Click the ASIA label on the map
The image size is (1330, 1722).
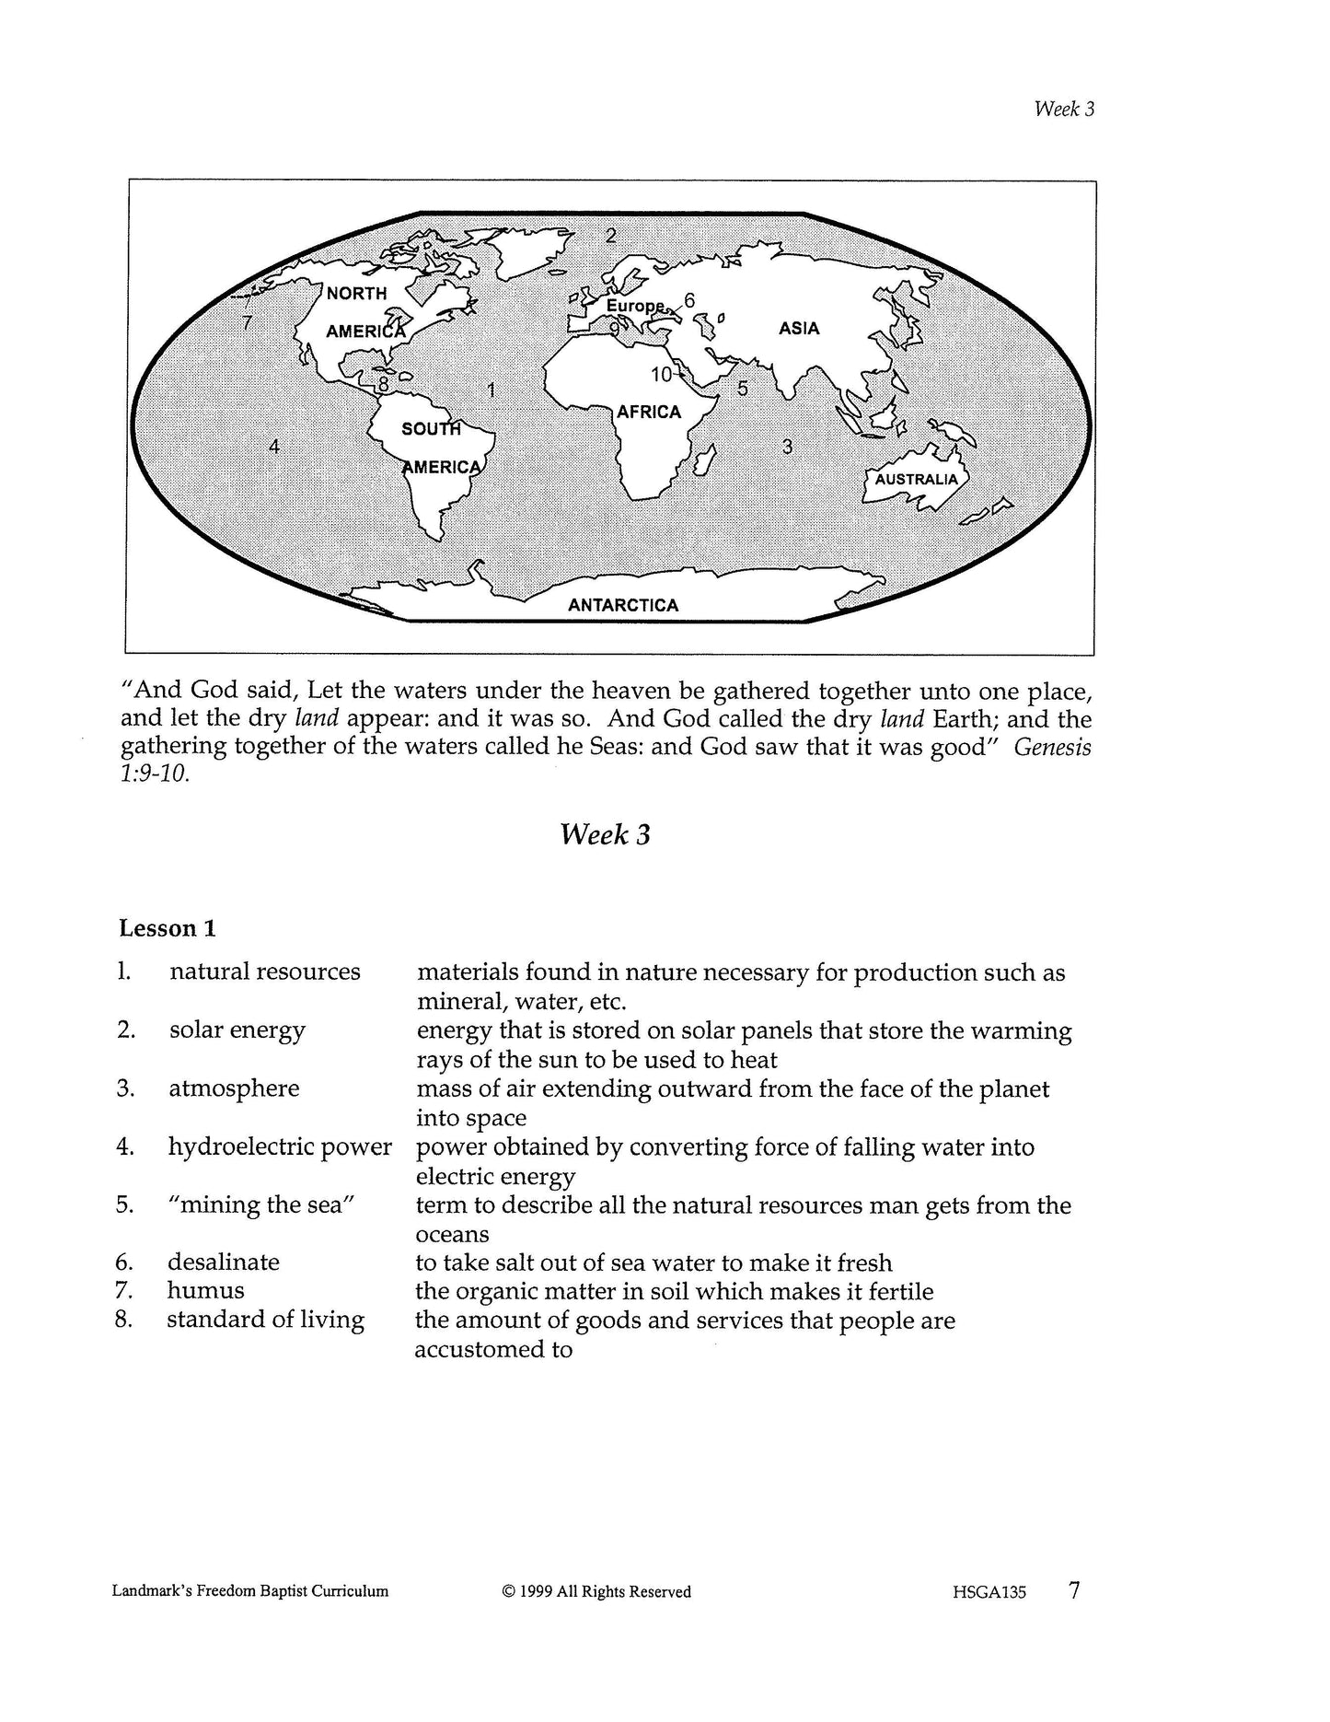pyautogui.click(x=798, y=329)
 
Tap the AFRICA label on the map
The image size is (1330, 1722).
pyautogui.click(x=649, y=413)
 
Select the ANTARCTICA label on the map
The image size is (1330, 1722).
pyautogui.click(x=623, y=605)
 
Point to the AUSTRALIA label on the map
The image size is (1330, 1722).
pyautogui.click(x=916, y=480)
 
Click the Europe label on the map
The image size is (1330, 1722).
pyautogui.click(x=634, y=305)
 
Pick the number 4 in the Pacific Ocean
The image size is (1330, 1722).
pyautogui.click(x=274, y=447)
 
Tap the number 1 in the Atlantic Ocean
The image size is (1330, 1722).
pyautogui.click(x=491, y=390)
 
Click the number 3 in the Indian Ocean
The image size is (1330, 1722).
pyautogui.click(x=787, y=448)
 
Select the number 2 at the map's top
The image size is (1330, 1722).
pyautogui.click(x=610, y=236)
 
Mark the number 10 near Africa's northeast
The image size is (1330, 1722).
pyautogui.click(x=662, y=375)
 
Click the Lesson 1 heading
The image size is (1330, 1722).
pyautogui.click(x=168, y=928)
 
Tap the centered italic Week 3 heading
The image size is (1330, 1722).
pyautogui.click(x=605, y=834)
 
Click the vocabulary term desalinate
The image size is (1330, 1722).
pyautogui.click(x=223, y=1262)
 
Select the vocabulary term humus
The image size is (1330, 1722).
pyautogui.click(x=205, y=1291)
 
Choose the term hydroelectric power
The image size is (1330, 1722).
pyautogui.click(x=280, y=1146)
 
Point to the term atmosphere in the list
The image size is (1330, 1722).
pyautogui.click(x=234, y=1088)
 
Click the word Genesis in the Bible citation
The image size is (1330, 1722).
pyautogui.click(x=1052, y=747)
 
